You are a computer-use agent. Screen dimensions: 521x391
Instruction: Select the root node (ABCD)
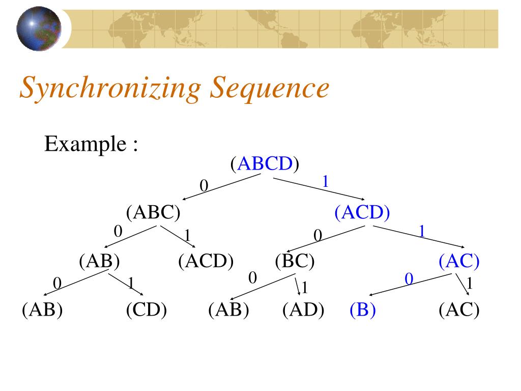tap(264, 164)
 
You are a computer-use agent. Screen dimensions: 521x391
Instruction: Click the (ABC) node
tap(154, 212)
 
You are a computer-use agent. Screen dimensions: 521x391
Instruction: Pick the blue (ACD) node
tap(362, 212)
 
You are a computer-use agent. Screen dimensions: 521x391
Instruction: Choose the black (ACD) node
tap(206, 262)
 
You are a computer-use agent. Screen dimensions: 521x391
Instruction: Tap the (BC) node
tap(295, 262)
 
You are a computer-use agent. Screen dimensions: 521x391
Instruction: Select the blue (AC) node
tap(459, 262)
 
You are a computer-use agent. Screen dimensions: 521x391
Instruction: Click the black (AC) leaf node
tap(459, 310)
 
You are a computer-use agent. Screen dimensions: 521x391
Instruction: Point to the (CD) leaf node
tap(147, 310)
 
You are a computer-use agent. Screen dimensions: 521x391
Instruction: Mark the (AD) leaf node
tap(303, 310)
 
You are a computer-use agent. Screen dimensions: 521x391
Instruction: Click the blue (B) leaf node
tap(362, 310)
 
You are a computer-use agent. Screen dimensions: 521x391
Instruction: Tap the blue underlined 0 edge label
tap(408, 279)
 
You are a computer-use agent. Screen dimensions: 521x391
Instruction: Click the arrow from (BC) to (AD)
tap(297, 285)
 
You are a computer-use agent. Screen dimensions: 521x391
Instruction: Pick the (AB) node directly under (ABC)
tap(99, 262)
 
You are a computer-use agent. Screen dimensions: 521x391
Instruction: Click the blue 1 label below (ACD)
tap(422, 232)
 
